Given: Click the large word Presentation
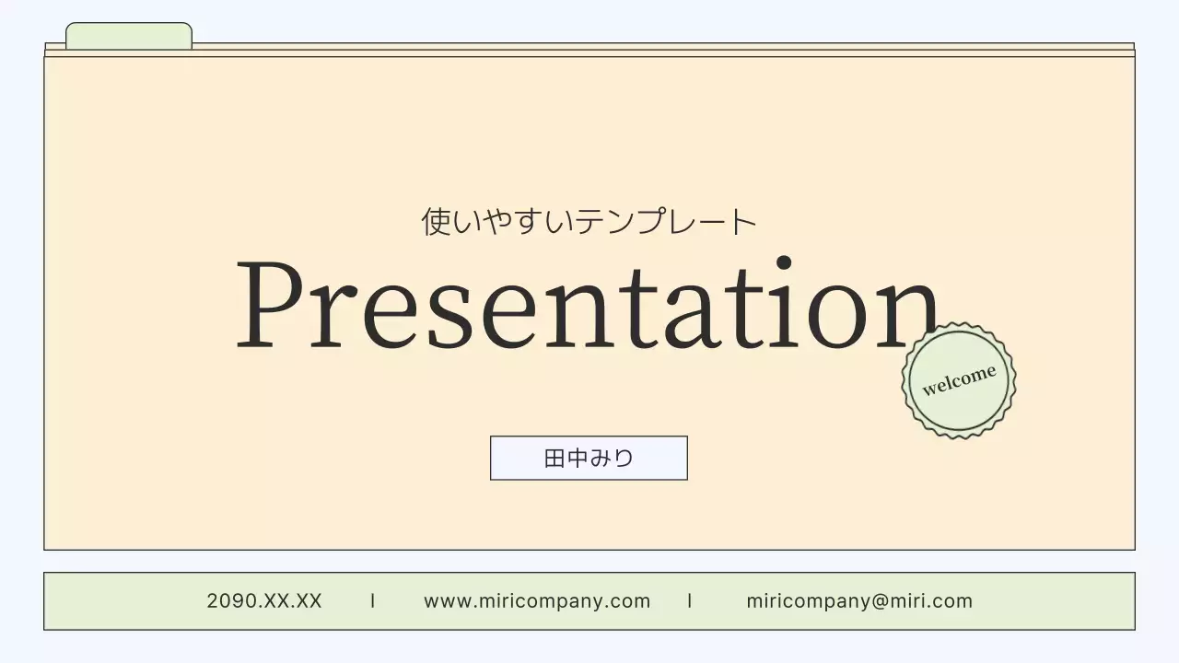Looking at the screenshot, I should tap(587, 306).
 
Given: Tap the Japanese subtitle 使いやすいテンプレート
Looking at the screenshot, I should tap(589, 221).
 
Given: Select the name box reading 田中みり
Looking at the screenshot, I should tap(589, 458).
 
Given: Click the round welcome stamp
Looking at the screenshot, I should tap(959, 379).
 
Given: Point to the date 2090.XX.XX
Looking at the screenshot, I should tap(264, 601).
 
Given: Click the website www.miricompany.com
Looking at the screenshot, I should tap(537, 601).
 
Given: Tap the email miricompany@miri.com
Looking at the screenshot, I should tap(858, 601).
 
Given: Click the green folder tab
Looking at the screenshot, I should tap(129, 37).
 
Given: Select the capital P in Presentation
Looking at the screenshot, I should tap(268, 306).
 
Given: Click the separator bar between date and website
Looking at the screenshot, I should tap(373, 601).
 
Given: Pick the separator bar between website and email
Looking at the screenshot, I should tap(690, 601).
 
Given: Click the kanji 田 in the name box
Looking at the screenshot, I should tap(554, 458).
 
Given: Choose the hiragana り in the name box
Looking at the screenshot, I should tap(624, 458).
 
